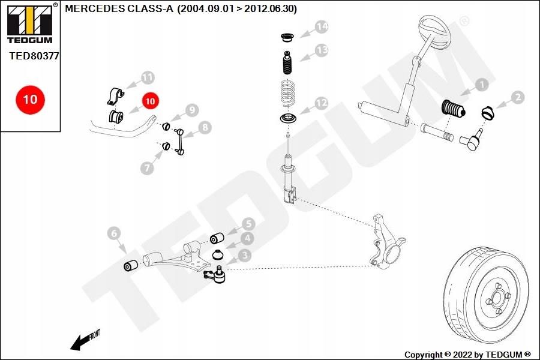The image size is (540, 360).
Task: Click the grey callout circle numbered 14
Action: click(322, 27)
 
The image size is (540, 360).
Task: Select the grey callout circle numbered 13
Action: click(322, 50)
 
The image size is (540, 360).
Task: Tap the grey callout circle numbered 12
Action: click(322, 104)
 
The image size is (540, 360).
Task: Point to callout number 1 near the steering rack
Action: click(481, 85)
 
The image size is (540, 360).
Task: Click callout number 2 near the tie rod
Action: click(517, 97)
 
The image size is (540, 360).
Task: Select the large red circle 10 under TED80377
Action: click(30, 98)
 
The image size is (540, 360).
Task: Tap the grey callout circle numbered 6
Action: click(114, 233)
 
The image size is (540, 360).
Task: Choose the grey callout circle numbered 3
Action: click(245, 256)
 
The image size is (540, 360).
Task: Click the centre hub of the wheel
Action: click(498, 298)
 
